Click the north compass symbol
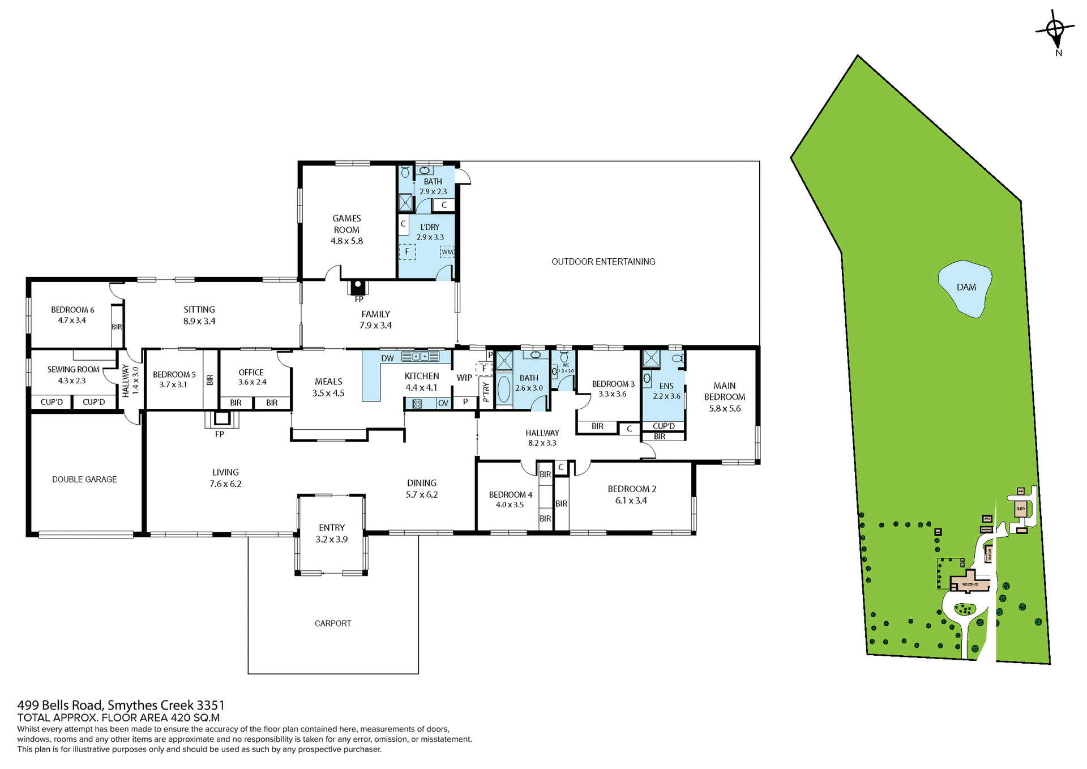click(1055, 29)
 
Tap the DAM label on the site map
click(966, 287)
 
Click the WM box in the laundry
click(447, 252)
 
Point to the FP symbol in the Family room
click(358, 287)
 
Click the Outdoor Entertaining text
click(603, 262)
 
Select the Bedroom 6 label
click(72, 310)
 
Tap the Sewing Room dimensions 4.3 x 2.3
click(72, 381)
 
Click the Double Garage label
click(84, 479)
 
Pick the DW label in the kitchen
click(387, 358)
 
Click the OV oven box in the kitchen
click(443, 403)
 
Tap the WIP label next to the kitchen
click(464, 378)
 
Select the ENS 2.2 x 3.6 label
click(666, 391)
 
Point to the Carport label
click(333, 623)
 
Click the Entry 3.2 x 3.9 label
click(332, 533)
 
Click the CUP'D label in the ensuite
click(664, 426)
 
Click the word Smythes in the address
click(132, 705)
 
